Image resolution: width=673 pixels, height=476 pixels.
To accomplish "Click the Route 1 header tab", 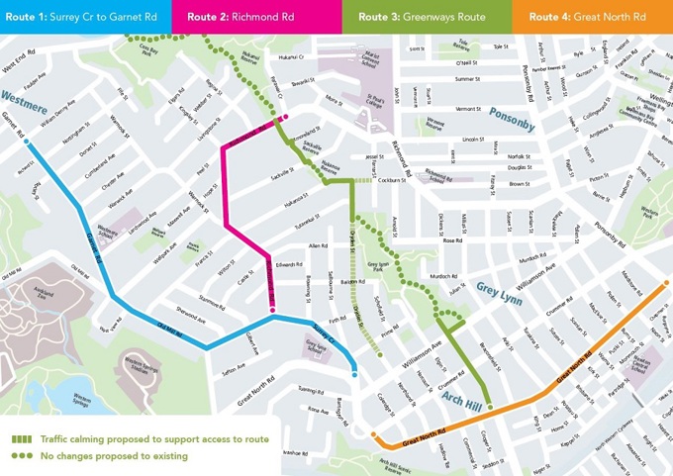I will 83,17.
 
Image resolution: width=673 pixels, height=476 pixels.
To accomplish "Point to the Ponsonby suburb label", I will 511,125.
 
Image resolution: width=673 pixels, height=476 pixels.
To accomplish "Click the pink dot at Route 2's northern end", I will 285,118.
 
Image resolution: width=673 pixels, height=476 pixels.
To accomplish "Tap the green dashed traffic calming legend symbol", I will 21,438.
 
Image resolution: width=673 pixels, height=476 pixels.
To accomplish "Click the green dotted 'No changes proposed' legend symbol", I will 21,456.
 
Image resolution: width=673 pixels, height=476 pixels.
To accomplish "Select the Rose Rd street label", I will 452,240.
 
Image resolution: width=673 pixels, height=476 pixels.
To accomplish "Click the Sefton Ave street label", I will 234,366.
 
